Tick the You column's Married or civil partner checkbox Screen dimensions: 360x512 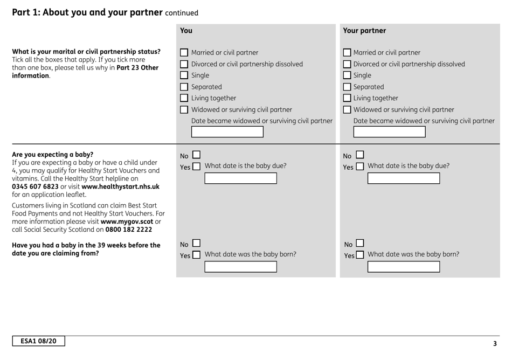[x=184, y=53]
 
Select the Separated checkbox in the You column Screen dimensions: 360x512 [x=184, y=87]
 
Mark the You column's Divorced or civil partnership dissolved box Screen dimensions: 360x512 [x=184, y=64]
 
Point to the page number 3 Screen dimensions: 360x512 [x=495, y=343]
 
